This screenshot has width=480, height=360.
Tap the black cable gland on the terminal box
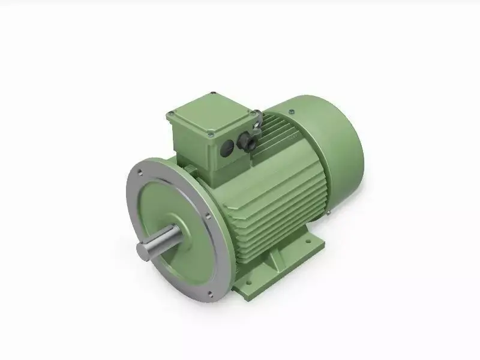tap(247, 143)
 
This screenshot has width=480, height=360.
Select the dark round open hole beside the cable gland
tap(229, 146)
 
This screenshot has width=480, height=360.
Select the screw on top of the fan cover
tap(291, 112)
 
